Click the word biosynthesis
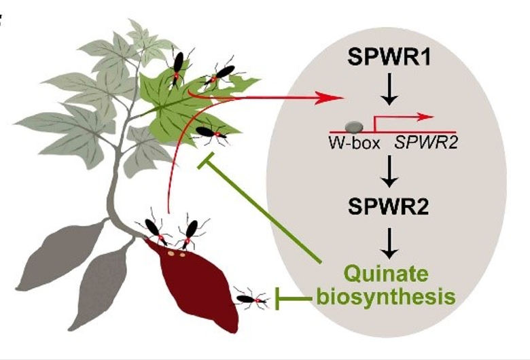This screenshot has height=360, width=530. (x=385, y=296)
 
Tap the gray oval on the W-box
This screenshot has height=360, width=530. (x=354, y=126)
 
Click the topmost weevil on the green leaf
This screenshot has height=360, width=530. (x=178, y=65)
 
